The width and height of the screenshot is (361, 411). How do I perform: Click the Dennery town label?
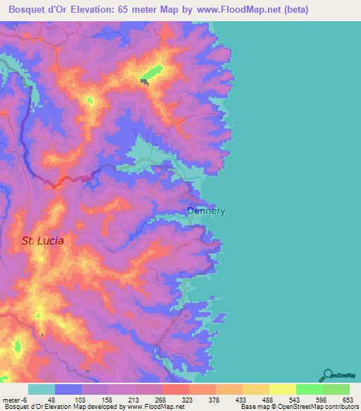pos(206,210)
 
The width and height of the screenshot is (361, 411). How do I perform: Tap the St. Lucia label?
pos(42,241)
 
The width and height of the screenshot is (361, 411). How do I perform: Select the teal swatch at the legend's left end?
pos(42,389)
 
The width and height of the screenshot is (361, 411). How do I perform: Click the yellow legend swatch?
pos(283,389)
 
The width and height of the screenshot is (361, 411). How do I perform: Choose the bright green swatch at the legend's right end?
pos(336,389)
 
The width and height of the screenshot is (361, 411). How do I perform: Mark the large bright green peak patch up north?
pos(153,73)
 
